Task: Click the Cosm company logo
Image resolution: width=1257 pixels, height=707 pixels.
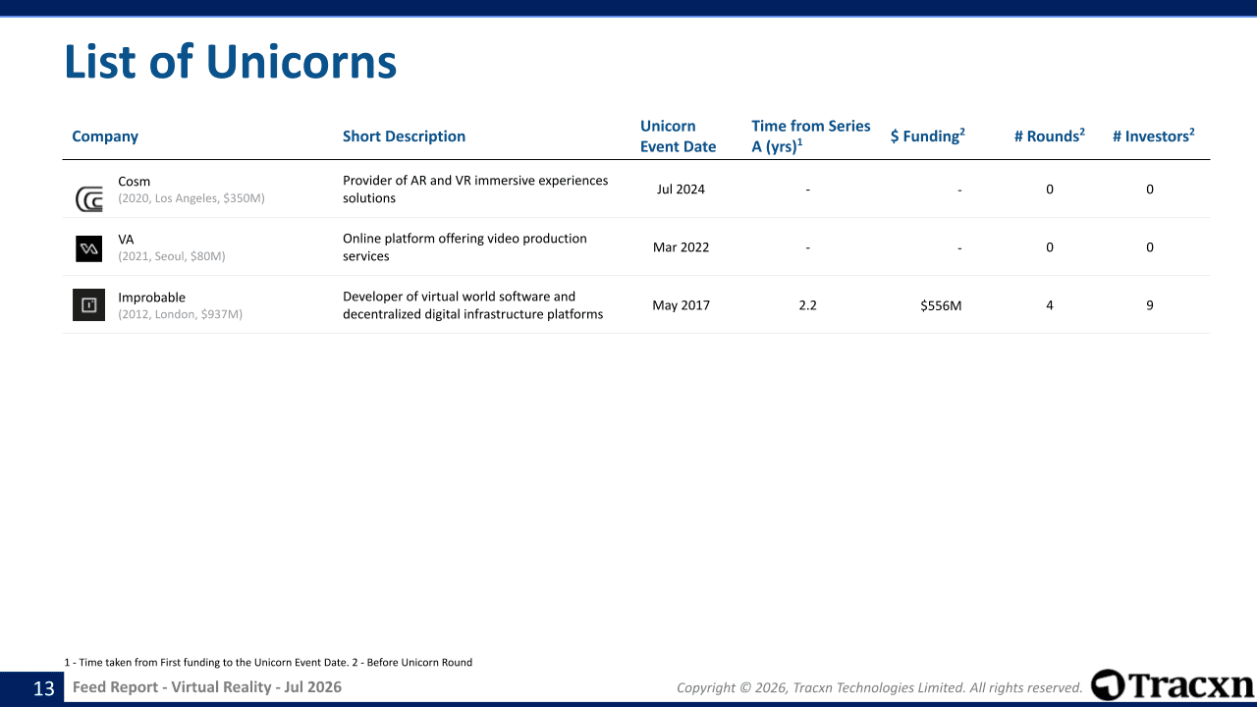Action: point(89,199)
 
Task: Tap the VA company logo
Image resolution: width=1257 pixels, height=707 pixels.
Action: point(88,248)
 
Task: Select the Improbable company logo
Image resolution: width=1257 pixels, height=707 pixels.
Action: point(88,304)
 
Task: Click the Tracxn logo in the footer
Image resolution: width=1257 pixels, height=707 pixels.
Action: point(1172,685)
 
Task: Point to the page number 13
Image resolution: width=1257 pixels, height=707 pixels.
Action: point(44,688)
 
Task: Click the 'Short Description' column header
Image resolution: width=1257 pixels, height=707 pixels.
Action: point(404,136)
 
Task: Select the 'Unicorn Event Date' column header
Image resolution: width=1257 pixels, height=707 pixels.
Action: point(678,136)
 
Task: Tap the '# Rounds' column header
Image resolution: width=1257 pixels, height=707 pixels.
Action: point(1050,136)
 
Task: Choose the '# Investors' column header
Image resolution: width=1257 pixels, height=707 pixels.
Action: point(1153,136)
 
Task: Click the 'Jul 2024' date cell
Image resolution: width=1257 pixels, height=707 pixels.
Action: point(681,190)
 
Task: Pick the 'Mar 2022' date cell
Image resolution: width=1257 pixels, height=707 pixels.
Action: point(681,247)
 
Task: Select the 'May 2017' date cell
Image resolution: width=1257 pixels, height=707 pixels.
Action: point(681,305)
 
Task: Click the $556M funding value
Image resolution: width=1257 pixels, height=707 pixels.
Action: point(941,305)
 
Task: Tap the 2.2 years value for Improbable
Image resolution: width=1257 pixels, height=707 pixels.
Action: point(807,305)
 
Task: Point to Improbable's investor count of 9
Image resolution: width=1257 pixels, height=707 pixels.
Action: point(1150,305)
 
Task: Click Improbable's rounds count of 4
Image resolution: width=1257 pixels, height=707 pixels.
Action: point(1050,305)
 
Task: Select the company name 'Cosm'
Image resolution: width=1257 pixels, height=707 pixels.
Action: point(135,182)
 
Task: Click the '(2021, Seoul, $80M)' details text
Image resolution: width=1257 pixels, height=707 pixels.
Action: point(172,256)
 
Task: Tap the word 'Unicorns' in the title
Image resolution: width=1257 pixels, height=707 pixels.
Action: point(301,61)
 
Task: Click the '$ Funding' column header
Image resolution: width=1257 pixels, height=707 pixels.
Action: point(928,136)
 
